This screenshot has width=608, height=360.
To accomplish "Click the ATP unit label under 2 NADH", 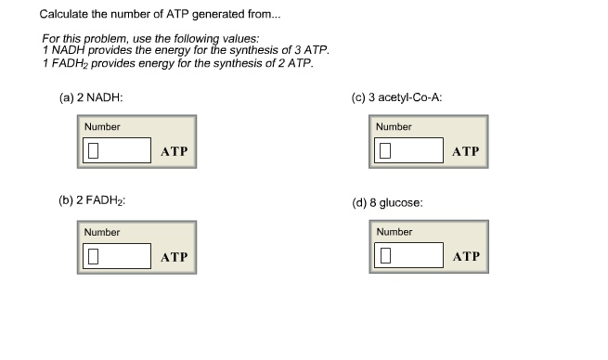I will pyautogui.click(x=174, y=151).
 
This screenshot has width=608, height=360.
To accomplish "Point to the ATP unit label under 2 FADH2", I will pyautogui.click(x=174, y=256).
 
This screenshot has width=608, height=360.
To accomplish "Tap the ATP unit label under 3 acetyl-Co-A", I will pyautogui.click(x=466, y=151).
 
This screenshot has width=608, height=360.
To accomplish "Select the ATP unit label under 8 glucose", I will pyautogui.click(x=466, y=256).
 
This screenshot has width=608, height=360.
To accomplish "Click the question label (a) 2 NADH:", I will pyautogui.click(x=92, y=97).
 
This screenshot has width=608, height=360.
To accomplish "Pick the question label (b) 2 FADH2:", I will pyautogui.click(x=92, y=201).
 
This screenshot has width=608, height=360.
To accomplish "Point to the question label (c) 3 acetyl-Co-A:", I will pyautogui.click(x=402, y=97).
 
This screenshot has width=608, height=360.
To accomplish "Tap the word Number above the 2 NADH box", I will pyautogui.click(x=102, y=127).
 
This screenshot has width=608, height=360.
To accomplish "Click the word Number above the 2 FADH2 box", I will pyautogui.click(x=102, y=232).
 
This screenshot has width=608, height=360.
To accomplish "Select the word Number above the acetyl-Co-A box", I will pyautogui.click(x=395, y=127).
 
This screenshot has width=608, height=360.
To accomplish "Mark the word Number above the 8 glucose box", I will pyautogui.click(x=395, y=232).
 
